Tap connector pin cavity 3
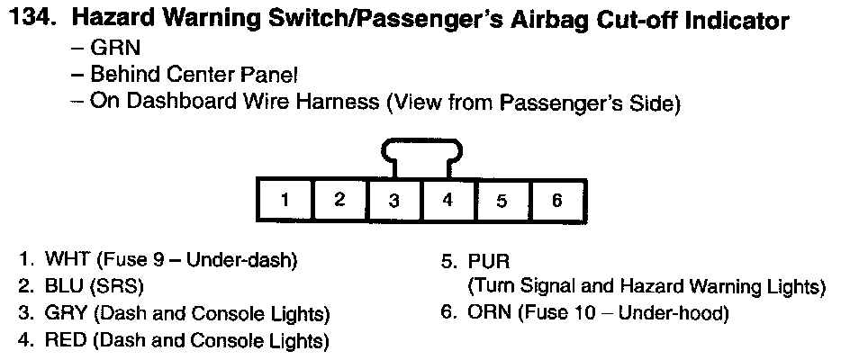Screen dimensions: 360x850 393,201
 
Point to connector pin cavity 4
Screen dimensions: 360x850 448,201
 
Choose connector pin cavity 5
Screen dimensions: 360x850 502,201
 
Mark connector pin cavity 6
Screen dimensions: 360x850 556,201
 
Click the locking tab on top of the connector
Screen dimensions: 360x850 420,157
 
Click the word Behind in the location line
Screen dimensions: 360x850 123,75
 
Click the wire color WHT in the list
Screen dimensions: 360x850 68,261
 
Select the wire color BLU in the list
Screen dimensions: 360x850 64,287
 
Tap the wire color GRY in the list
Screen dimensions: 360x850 66,314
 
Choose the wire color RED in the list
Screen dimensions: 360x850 66,340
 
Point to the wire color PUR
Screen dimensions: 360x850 489,261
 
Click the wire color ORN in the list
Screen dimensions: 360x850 489,314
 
